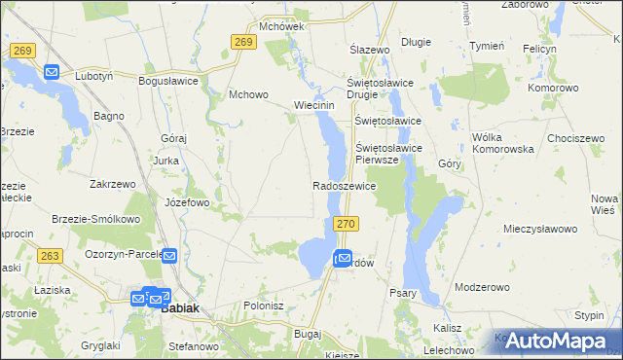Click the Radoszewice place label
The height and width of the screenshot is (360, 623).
(344, 185)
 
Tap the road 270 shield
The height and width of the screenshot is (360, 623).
(349, 224)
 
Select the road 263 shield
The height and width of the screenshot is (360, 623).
(51, 256)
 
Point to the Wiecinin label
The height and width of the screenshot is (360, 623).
(314, 105)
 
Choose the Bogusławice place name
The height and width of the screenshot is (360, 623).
(170, 82)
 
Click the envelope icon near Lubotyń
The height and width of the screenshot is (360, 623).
(52, 71)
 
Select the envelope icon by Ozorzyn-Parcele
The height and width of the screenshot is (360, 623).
(168, 256)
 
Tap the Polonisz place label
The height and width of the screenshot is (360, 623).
(264, 305)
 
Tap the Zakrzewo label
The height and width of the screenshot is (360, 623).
(111, 183)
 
